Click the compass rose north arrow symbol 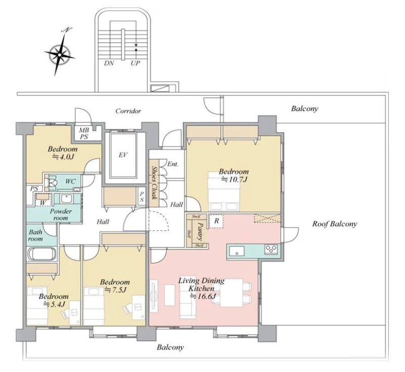(60, 52)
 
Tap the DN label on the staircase (109, 64)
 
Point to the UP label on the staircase (135, 64)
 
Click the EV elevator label (123, 155)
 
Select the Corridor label (128, 111)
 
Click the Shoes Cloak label (155, 182)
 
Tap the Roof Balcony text (335, 224)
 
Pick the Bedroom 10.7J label (234, 175)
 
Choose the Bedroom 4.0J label (63, 153)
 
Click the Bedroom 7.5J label (115, 286)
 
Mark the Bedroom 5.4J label (54, 300)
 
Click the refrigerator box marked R (216, 221)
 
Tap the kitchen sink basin (237, 251)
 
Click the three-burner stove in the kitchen (271, 250)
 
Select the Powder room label (60, 215)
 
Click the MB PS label (84, 134)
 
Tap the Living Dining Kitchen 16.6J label (201, 288)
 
